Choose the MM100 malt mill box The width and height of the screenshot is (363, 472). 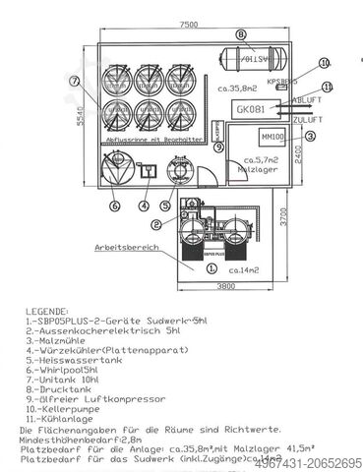271,136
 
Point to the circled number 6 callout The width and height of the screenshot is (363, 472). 115,206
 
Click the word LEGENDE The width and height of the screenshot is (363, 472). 49,309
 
